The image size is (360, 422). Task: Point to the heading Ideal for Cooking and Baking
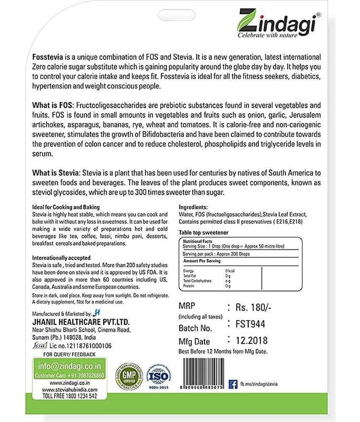[x=65, y=207]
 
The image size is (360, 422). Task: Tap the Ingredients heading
[x=193, y=207]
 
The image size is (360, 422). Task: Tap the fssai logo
[x=40, y=345]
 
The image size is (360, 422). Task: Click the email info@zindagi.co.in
[x=67, y=365]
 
